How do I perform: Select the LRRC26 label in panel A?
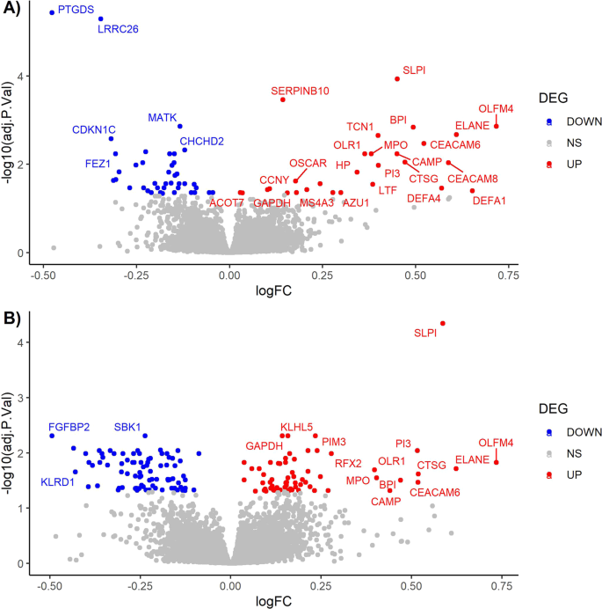click(x=118, y=29)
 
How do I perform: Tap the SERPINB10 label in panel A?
click(x=300, y=90)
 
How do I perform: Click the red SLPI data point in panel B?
click(x=442, y=323)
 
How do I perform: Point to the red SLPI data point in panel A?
click(x=397, y=78)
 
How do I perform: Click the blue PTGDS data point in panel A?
click(x=52, y=12)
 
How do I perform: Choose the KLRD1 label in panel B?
click(x=58, y=482)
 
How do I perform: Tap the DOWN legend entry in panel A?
click(x=567, y=121)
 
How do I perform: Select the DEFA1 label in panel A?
click(x=489, y=201)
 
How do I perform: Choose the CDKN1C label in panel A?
click(x=93, y=130)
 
